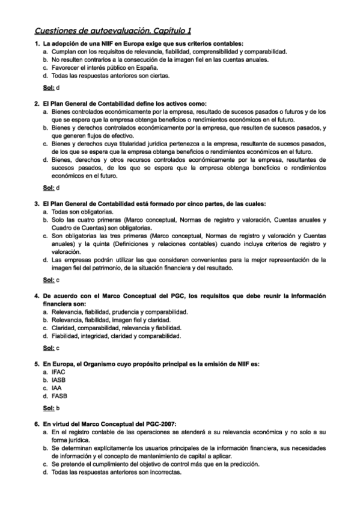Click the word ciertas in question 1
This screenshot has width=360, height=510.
pyautogui.click(x=159, y=76)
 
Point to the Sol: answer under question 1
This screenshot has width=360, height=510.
pyautogui.click(x=51, y=88)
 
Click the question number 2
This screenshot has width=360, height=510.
pyautogui.click(x=36, y=104)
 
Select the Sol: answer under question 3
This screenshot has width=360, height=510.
pyautogui.click(x=51, y=280)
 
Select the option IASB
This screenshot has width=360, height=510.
pyautogui.click(x=58, y=380)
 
